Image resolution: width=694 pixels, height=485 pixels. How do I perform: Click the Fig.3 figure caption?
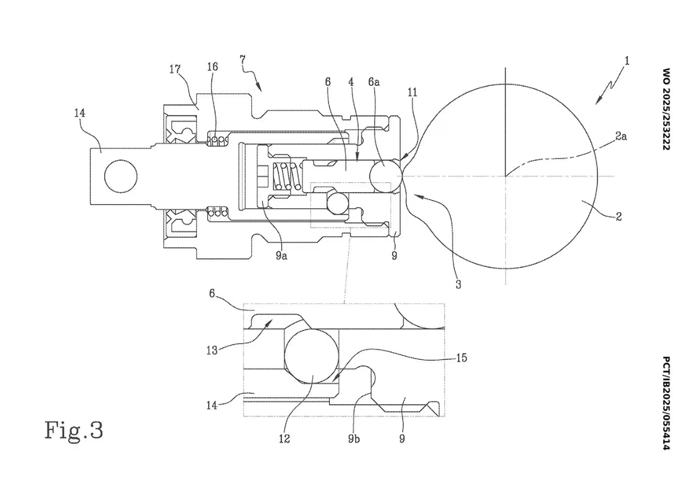click(74, 429)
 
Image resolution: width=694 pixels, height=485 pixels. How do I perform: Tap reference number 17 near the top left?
click(176, 69)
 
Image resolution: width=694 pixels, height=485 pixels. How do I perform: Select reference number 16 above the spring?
click(213, 67)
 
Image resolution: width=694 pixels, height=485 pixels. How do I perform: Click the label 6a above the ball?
click(374, 82)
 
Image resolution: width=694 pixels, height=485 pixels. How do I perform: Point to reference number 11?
click(412, 92)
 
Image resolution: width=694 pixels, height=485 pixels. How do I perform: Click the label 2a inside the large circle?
click(621, 136)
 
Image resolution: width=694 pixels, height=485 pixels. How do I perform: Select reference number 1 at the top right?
click(626, 61)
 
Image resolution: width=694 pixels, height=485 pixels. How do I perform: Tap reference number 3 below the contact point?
click(459, 284)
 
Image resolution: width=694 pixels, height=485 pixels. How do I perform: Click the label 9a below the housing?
click(282, 256)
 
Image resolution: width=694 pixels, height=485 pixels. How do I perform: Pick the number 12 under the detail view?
click(284, 439)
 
